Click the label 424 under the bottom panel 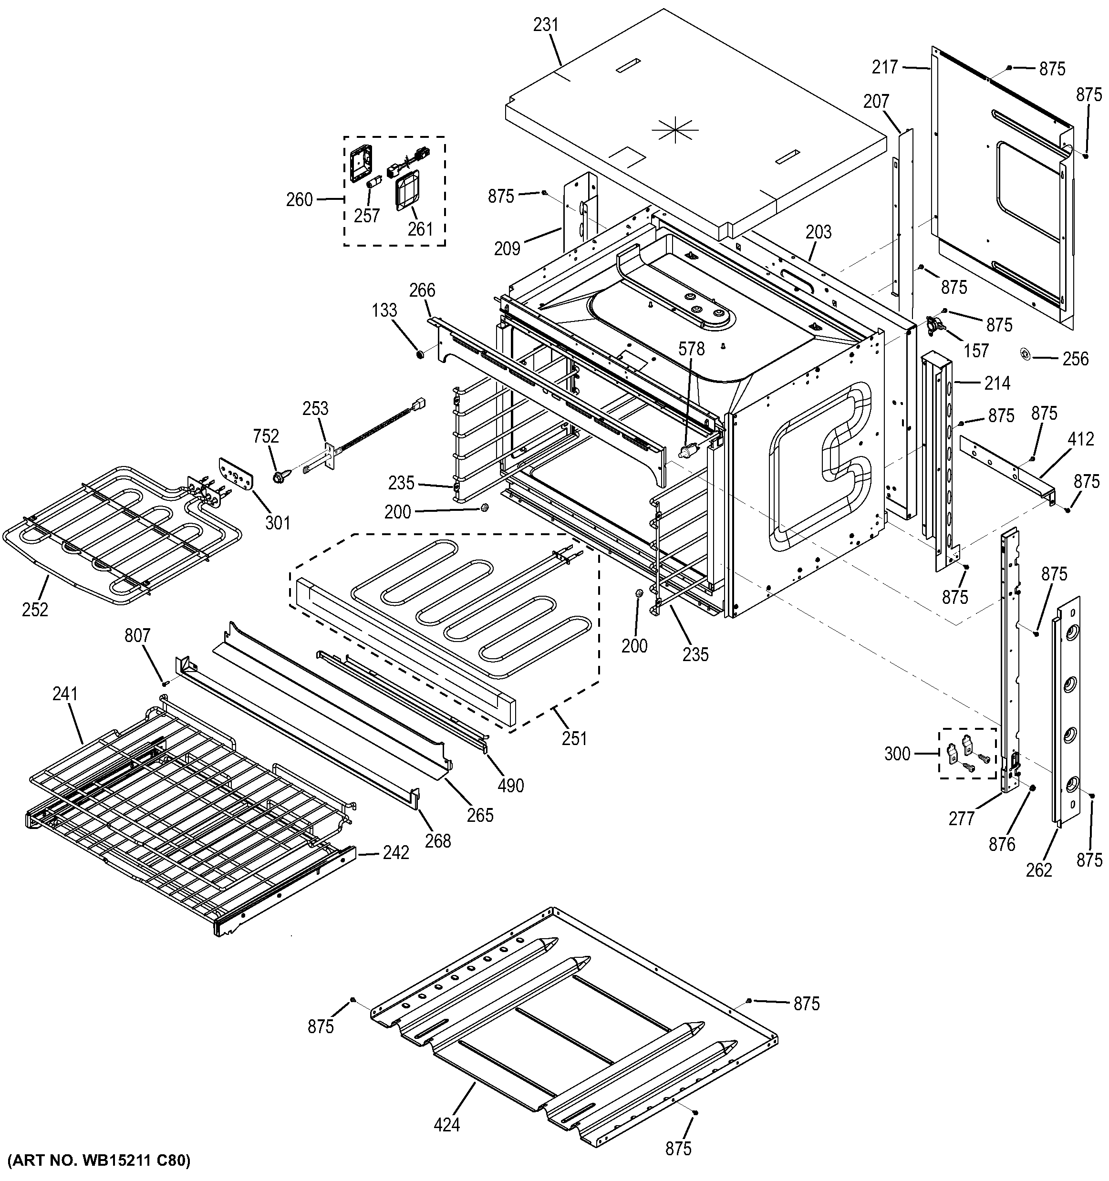(446, 1125)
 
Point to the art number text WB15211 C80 (98, 1160)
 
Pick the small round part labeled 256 (1026, 353)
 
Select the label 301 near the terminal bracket (278, 523)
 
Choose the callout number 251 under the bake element (574, 738)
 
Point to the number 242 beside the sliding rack (395, 853)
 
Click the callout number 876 (1002, 844)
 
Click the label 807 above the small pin (137, 636)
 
